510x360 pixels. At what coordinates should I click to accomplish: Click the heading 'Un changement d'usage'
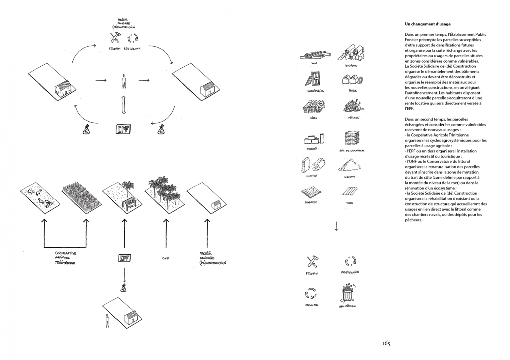coord(427,24)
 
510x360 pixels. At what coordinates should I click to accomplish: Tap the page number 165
coord(386,343)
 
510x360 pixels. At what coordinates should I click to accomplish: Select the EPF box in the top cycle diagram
coord(123,129)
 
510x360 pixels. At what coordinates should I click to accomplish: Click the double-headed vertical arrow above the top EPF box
coord(124,105)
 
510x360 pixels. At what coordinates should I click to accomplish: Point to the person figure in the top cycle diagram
coord(124,81)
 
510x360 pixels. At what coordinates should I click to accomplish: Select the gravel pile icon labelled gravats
coord(348,165)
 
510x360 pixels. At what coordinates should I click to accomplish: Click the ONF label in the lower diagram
coord(166,259)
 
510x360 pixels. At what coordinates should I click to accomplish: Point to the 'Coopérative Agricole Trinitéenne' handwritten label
coord(66,258)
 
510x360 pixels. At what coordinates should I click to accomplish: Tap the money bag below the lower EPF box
coord(123,289)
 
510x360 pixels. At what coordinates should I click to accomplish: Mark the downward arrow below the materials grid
coord(336,226)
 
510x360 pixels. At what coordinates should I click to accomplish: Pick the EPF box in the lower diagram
coord(124,258)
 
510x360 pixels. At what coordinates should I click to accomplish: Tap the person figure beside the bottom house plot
coord(107,321)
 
